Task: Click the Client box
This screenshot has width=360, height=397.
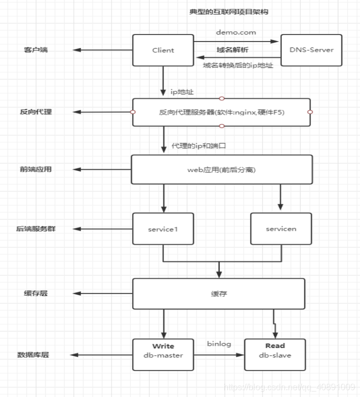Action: pyautogui.click(x=163, y=50)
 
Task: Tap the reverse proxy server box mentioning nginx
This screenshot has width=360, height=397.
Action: pyautogui.click(x=221, y=112)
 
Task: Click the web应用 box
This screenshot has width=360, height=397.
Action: pyautogui.click(x=221, y=169)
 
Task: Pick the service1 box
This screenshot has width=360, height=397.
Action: pyautogui.click(x=163, y=229)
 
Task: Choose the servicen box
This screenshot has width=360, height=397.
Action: pyautogui.click(x=281, y=229)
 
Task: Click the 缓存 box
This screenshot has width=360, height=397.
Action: pyautogui.click(x=219, y=294)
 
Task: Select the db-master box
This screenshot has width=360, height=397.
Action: pyautogui.click(x=163, y=354)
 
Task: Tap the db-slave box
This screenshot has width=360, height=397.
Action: pyautogui.click(x=275, y=354)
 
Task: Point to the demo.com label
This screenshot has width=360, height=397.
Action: pyautogui.click(x=236, y=32)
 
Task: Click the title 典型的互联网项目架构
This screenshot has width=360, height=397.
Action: pyautogui.click(x=222, y=11)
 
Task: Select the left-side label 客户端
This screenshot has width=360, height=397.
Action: pyautogui.click(x=36, y=50)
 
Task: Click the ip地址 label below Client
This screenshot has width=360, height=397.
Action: pyautogui.click(x=182, y=92)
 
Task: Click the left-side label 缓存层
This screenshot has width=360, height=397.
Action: pyautogui.click(x=36, y=294)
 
